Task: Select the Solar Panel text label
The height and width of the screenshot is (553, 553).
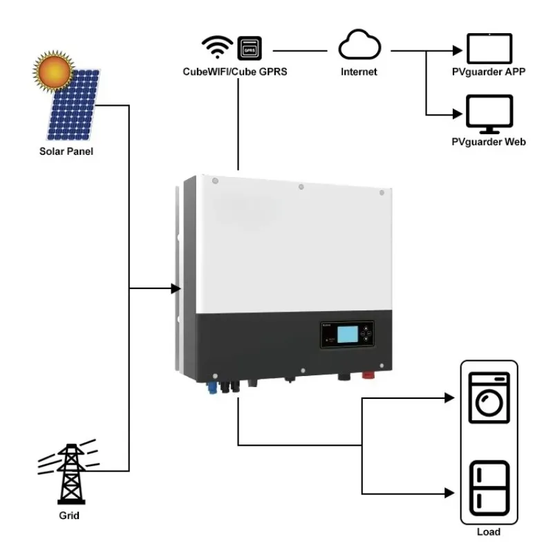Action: coord(66,151)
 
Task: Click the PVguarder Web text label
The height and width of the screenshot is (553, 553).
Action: coord(488,142)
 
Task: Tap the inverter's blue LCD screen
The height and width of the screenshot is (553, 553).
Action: coord(348,335)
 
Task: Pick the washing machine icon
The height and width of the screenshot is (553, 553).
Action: coord(488,397)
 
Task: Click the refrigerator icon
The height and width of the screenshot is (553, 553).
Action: coord(488,485)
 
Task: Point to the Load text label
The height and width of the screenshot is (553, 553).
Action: coord(488,532)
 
